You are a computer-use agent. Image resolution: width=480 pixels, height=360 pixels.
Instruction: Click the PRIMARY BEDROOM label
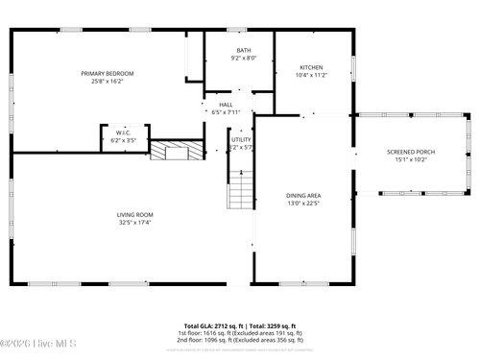click(x=108, y=74)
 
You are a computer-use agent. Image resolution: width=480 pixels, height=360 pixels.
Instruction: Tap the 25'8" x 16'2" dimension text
click(x=108, y=82)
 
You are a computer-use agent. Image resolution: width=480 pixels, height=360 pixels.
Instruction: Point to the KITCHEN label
click(x=311, y=67)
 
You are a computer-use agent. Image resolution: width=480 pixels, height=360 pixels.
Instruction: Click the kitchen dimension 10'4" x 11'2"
click(x=311, y=75)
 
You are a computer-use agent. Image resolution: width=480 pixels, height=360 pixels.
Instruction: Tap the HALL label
click(x=226, y=105)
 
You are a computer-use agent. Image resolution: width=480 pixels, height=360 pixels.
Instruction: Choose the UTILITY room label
click(x=241, y=140)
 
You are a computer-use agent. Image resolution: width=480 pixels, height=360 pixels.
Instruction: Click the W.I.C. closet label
click(x=124, y=132)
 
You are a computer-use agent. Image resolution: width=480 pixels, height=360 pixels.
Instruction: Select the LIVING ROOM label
click(x=135, y=214)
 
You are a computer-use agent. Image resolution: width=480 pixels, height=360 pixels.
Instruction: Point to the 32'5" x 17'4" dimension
click(x=135, y=222)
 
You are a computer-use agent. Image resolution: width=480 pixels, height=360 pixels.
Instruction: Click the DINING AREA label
click(x=302, y=195)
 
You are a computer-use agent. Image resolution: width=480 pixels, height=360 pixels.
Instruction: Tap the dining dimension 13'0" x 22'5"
click(x=302, y=203)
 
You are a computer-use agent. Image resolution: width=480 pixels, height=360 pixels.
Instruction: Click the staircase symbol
click(x=241, y=188)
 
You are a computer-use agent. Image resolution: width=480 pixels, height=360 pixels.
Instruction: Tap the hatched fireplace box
click(x=178, y=151)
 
